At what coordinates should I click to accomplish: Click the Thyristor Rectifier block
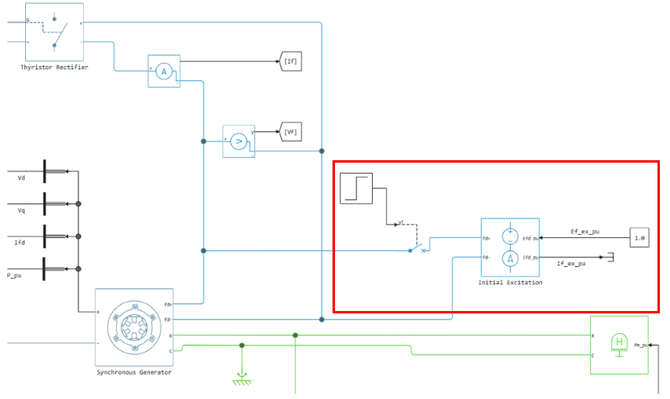54,31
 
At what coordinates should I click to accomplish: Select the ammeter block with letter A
164,71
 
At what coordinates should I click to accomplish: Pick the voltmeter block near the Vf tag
239,141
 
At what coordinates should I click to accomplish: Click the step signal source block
356,188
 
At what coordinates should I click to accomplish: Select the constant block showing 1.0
639,236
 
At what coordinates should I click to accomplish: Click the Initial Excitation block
511,246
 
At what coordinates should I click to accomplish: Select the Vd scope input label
21,178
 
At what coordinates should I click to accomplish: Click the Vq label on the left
21,211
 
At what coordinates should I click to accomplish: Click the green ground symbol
242,379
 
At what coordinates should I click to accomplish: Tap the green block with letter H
619,343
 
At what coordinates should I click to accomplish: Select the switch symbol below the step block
417,249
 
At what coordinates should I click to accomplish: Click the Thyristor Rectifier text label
54,68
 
